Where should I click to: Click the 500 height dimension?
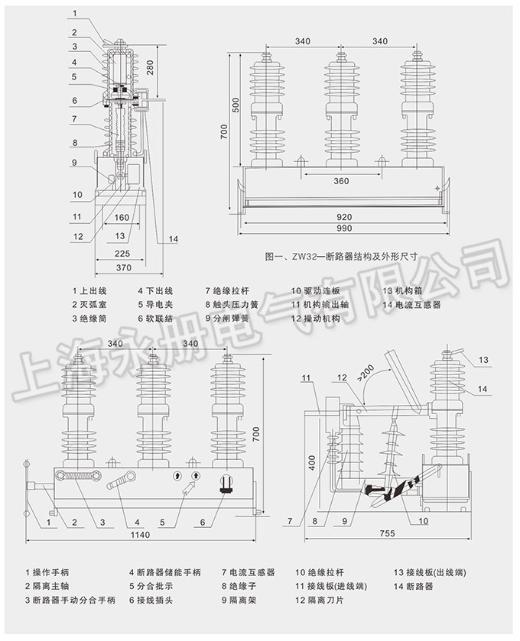coord(236,105)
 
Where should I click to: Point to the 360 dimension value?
coord(341,180)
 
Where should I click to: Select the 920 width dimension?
coord(343,217)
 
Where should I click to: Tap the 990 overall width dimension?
coord(343,229)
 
